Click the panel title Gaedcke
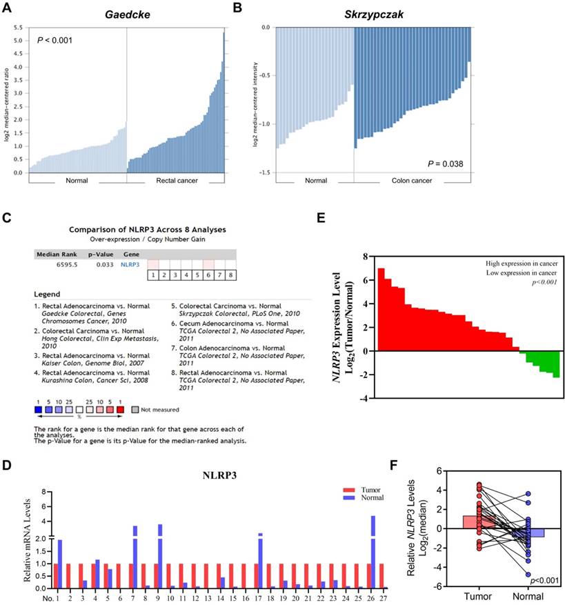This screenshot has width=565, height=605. click(126, 14)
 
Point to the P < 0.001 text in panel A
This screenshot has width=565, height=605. click(54, 40)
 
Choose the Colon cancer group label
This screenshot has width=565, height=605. click(413, 181)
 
